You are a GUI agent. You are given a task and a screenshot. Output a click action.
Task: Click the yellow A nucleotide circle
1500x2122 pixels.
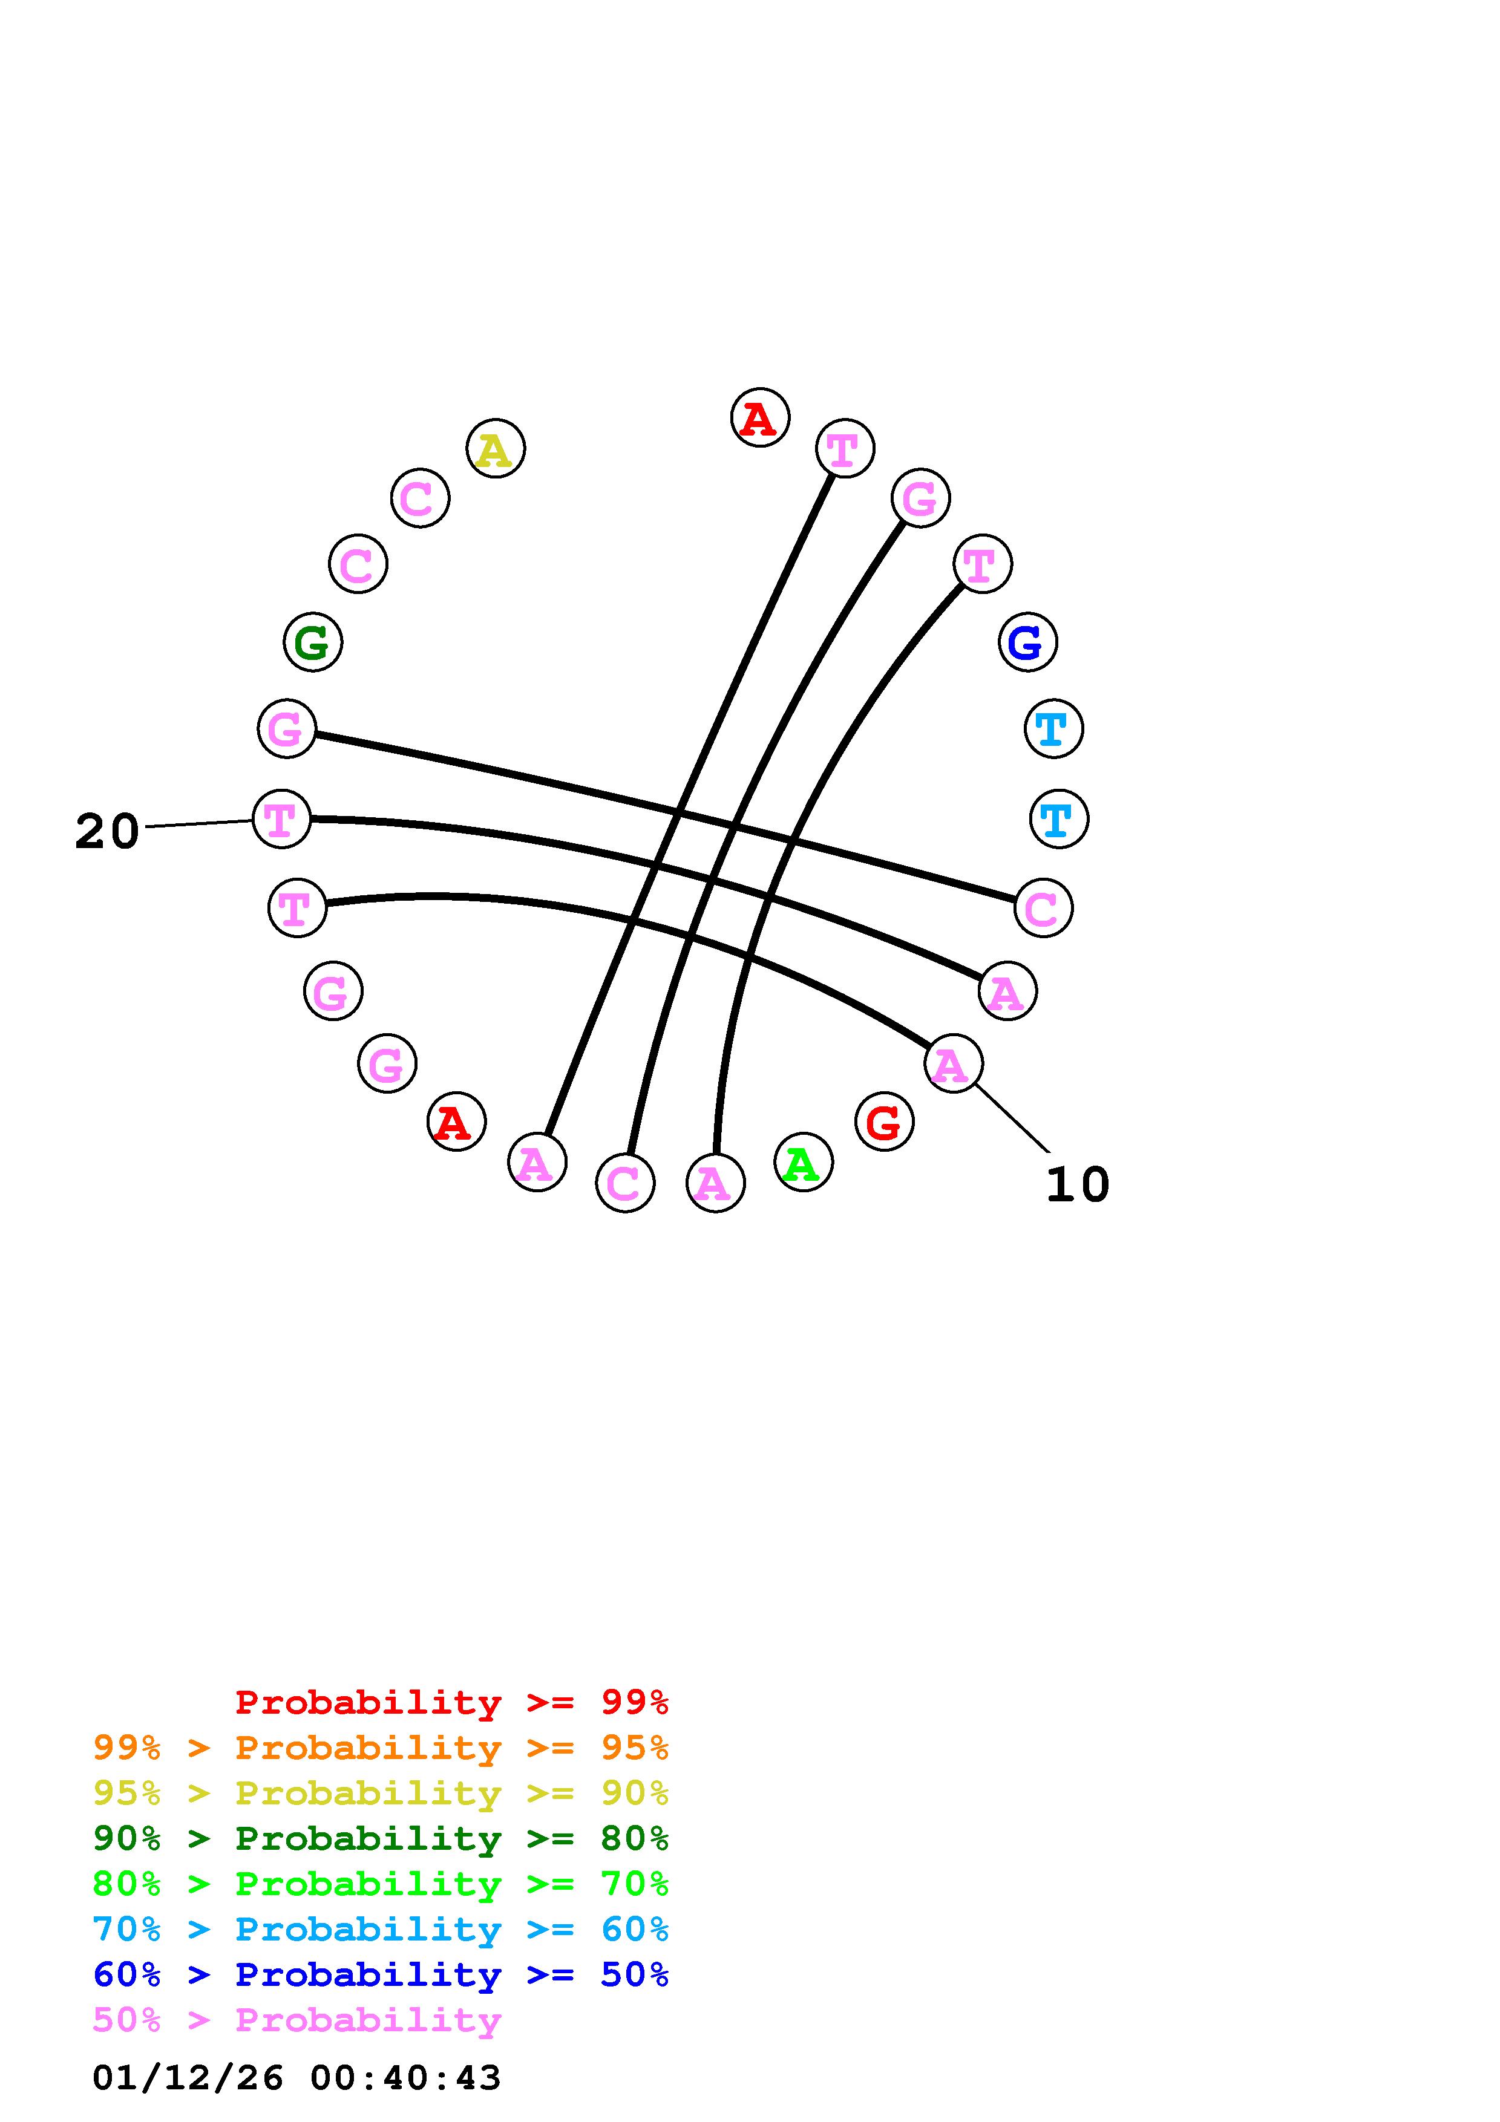click(x=496, y=449)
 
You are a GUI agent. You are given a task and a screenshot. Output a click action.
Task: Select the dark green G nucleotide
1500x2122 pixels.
click(x=312, y=641)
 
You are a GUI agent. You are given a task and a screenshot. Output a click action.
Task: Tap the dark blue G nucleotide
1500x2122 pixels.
click(x=1027, y=641)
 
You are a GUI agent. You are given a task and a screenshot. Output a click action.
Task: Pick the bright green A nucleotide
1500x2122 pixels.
click(x=802, y=1163)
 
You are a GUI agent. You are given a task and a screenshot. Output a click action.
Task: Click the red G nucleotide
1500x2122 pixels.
click(x=883, y=1122)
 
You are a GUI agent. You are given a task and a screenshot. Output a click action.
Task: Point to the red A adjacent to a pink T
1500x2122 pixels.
click(x=760, y=418)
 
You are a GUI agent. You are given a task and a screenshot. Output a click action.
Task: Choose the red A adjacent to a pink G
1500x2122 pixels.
click(x=456, y=1122)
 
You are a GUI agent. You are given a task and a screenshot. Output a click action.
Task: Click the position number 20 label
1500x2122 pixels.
click(x=106, y=832)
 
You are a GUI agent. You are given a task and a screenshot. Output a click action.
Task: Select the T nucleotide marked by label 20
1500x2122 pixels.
click(x=281, y=819)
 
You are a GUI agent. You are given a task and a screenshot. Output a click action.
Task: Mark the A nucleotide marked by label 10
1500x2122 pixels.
click(x=953, y=1064)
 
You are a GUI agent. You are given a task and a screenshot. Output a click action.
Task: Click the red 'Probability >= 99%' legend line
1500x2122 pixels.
click(x=452, y=1702)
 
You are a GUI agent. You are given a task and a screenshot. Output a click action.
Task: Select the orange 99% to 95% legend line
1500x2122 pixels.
click(x=381, y=1748)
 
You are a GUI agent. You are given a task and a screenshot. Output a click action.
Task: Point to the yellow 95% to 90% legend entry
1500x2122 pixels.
click(x=381, y=1793)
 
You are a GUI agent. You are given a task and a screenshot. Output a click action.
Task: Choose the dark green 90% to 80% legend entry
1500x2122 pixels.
click(x=381, y=1838)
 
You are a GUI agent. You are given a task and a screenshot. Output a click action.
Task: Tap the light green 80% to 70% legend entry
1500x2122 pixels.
click(x=381, y=1884)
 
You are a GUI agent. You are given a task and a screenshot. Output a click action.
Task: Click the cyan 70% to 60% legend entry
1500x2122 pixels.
click(x=381, y=1929)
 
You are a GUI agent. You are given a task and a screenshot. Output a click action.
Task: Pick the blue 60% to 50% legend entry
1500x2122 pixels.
click(x=381, y=1974)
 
